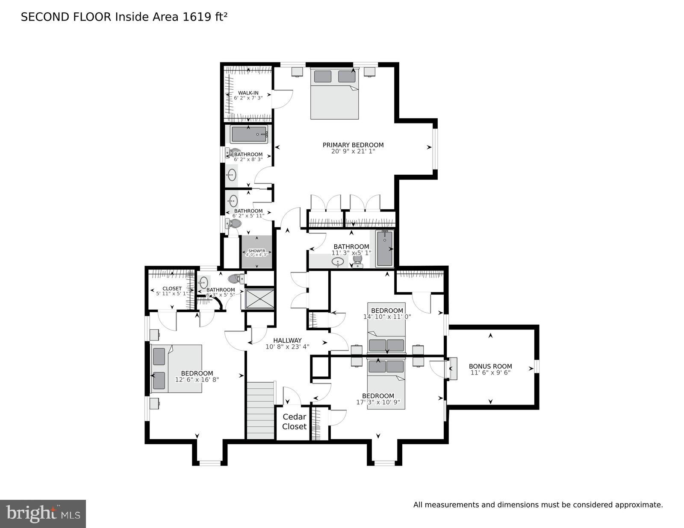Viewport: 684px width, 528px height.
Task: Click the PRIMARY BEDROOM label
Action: click(353, 145)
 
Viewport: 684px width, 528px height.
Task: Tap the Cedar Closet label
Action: click(295, 422)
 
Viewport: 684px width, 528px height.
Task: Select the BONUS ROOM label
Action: click(490, 366)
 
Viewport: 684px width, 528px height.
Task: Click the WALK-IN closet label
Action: click(248, 93)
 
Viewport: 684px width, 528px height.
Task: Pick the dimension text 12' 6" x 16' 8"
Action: click(197, 379)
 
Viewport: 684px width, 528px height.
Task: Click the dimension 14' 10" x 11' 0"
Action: click(387, 317)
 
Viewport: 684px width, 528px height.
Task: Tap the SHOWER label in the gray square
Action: click(256, 251)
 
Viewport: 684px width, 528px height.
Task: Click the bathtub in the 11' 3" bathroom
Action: click(385, 249)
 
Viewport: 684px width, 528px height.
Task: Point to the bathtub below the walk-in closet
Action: click(249, 135)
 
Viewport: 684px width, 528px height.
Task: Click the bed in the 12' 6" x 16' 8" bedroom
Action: click(177, 368)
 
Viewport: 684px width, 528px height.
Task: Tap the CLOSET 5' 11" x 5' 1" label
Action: click(172, 289)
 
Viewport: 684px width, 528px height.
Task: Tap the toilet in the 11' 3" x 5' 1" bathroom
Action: click(357, 260)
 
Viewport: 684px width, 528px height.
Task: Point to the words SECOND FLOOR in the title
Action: click(67, 17)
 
